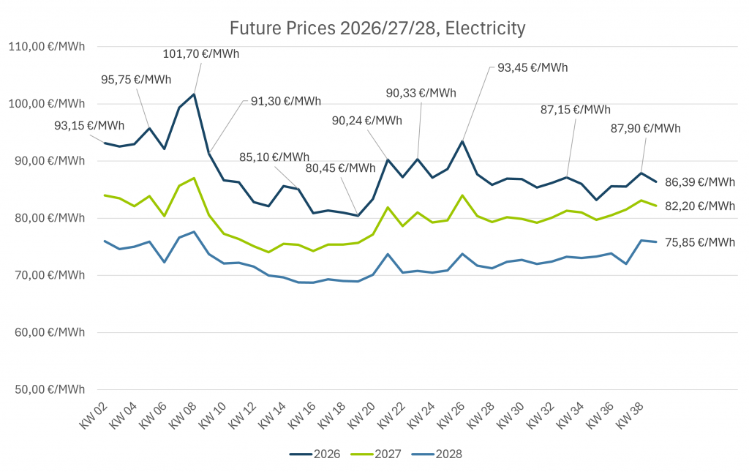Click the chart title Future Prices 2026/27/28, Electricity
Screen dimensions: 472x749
tap(377, 29)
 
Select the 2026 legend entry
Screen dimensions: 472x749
tap(315, 454)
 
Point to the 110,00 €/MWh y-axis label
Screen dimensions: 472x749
tap(46, 46)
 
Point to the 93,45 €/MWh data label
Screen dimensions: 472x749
tap(532, 67)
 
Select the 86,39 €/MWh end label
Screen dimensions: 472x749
tap(700, 181)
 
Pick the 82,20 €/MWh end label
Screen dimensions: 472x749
tap(700, 206)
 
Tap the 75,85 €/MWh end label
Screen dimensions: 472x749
tap(700, 242)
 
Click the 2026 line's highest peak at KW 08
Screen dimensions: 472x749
tap(194, 94)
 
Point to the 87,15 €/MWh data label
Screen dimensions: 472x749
tap(575, 110)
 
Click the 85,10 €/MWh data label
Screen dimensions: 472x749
tap(274, 157)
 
